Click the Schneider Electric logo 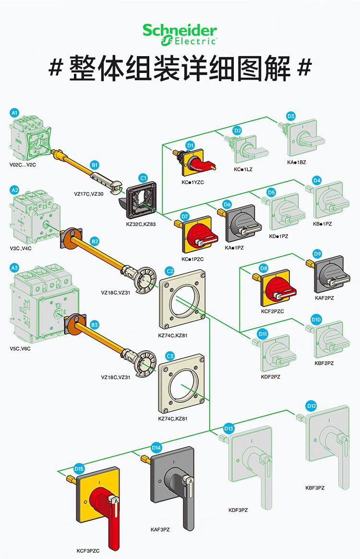180,35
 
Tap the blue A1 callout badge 14,113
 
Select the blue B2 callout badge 95,241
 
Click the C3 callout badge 170,356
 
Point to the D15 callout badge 79,469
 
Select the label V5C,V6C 20,348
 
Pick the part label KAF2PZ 324,298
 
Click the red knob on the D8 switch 280,289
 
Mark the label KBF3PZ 315,488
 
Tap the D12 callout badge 312,406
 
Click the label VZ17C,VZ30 89,194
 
